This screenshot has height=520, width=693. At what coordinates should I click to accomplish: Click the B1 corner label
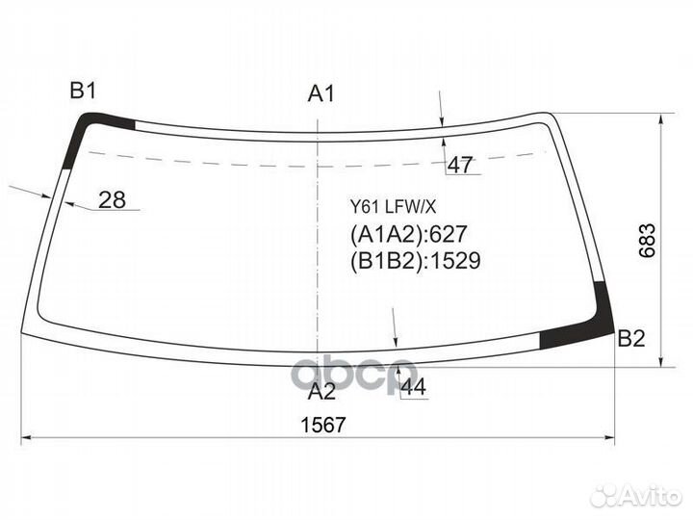[x=83, y=91]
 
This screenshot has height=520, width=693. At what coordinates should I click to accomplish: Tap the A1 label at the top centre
[x=321, y=93]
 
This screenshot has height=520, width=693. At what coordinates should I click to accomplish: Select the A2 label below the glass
[x=321, y=391]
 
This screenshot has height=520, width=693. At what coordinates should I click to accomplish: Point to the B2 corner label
[x=631, y=339]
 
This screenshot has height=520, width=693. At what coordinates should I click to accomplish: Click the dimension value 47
[x=460, y=166]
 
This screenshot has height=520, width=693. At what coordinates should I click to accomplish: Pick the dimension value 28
[x=112, y=200]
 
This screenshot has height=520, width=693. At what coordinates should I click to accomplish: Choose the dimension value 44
[x=414, y=387]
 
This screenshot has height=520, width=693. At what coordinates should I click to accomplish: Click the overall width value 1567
[x=322, y=426]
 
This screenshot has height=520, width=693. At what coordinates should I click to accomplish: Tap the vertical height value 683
[x=648, y=241]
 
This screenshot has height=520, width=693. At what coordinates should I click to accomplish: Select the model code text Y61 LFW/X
[x=393, y=206]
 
